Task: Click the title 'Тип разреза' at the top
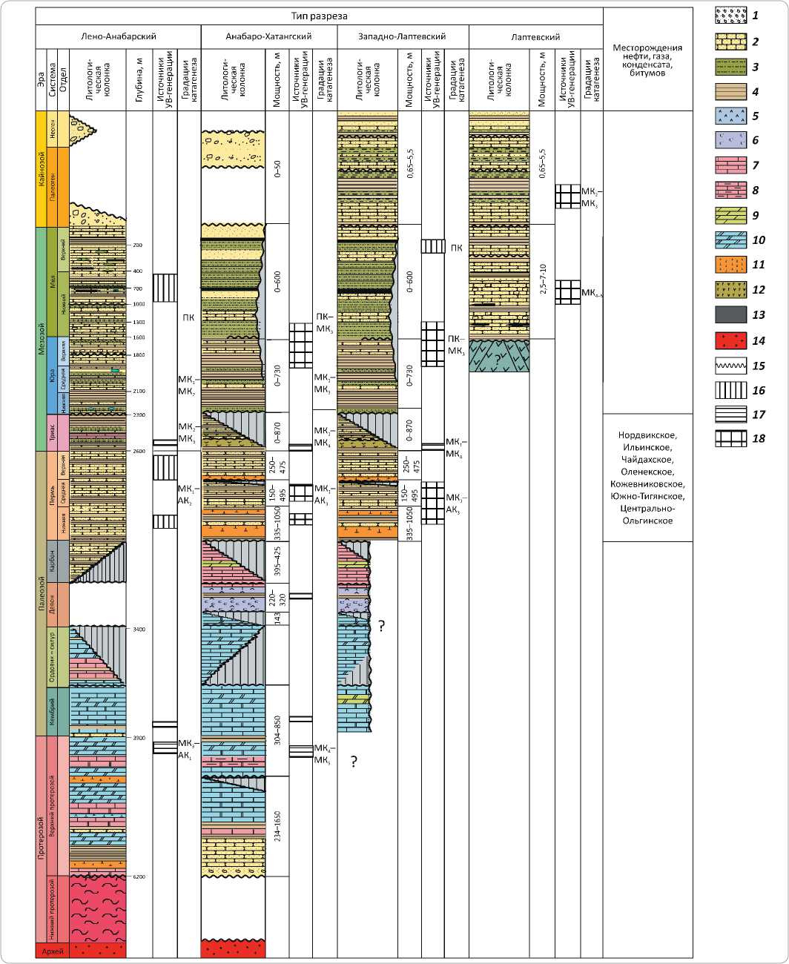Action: (x=319, y=16)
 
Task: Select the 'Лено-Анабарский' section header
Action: (x=119, y=36)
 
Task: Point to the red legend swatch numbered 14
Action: (x=730, y=340)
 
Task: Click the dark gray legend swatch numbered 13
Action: (x=730, y=315)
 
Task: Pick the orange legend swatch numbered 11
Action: (x=730, y=265)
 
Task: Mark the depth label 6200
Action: (x=139, y=876)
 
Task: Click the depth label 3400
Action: (x=139, y=629)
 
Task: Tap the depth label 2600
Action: (x=139, y=451)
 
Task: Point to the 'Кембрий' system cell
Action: (x=53, y=710)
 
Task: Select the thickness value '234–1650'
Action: (x=277, y=826)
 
